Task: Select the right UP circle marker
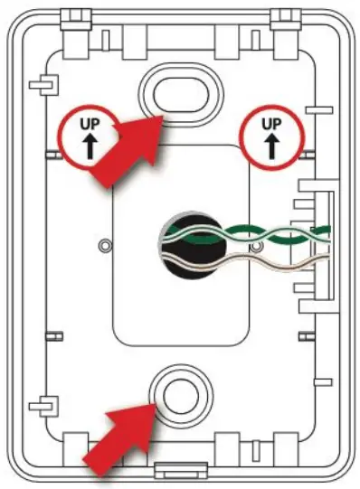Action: [x=270, y=136]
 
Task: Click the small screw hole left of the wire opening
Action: [x=105, y=245]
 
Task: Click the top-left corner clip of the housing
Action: [x=71, y=15]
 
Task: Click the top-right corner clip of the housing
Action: [x=288, y=15]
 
